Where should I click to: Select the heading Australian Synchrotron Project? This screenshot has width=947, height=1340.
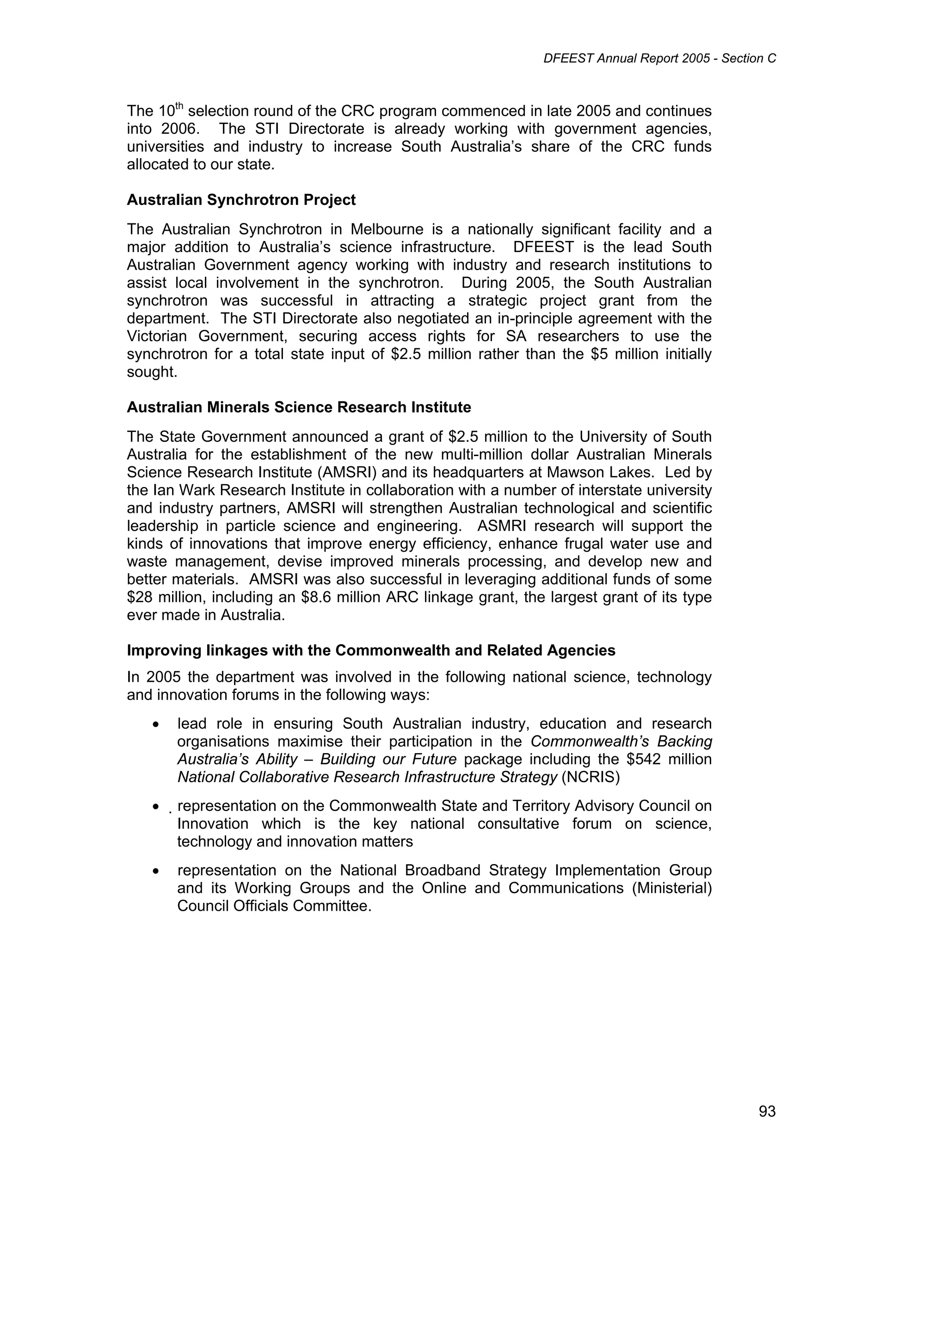pyautogui.click(x=241, y=200)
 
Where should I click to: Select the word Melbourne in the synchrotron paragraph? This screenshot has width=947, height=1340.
pyautogui.click(x=386, y=229)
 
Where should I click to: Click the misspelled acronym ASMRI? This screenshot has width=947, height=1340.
pyautogui.click(x=502, y=526)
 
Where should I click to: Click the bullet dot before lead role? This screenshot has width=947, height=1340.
pyautogui.click(x=155, y=725)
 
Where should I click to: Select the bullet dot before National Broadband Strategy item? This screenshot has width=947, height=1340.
pyautogui.click(x=155, y=871)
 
